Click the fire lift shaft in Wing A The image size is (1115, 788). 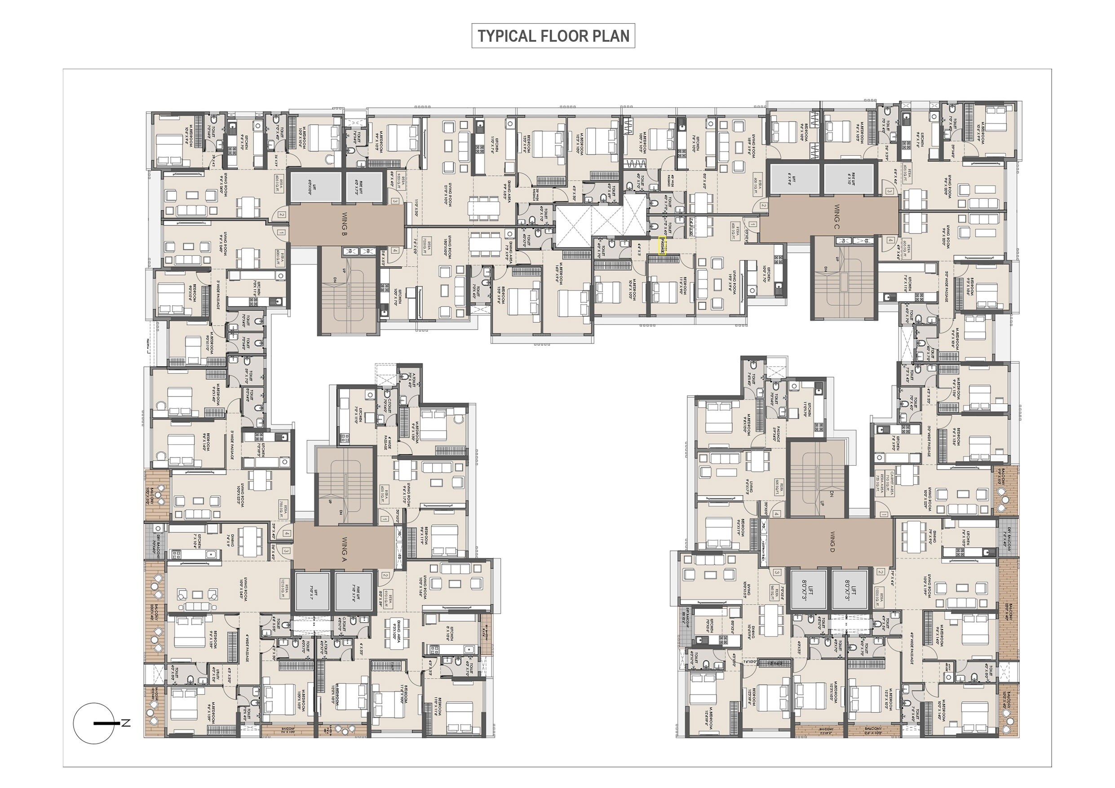click(354, 591)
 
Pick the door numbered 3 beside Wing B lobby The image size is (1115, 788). click(395, 201)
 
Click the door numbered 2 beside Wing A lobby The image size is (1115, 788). click(385, 575)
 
